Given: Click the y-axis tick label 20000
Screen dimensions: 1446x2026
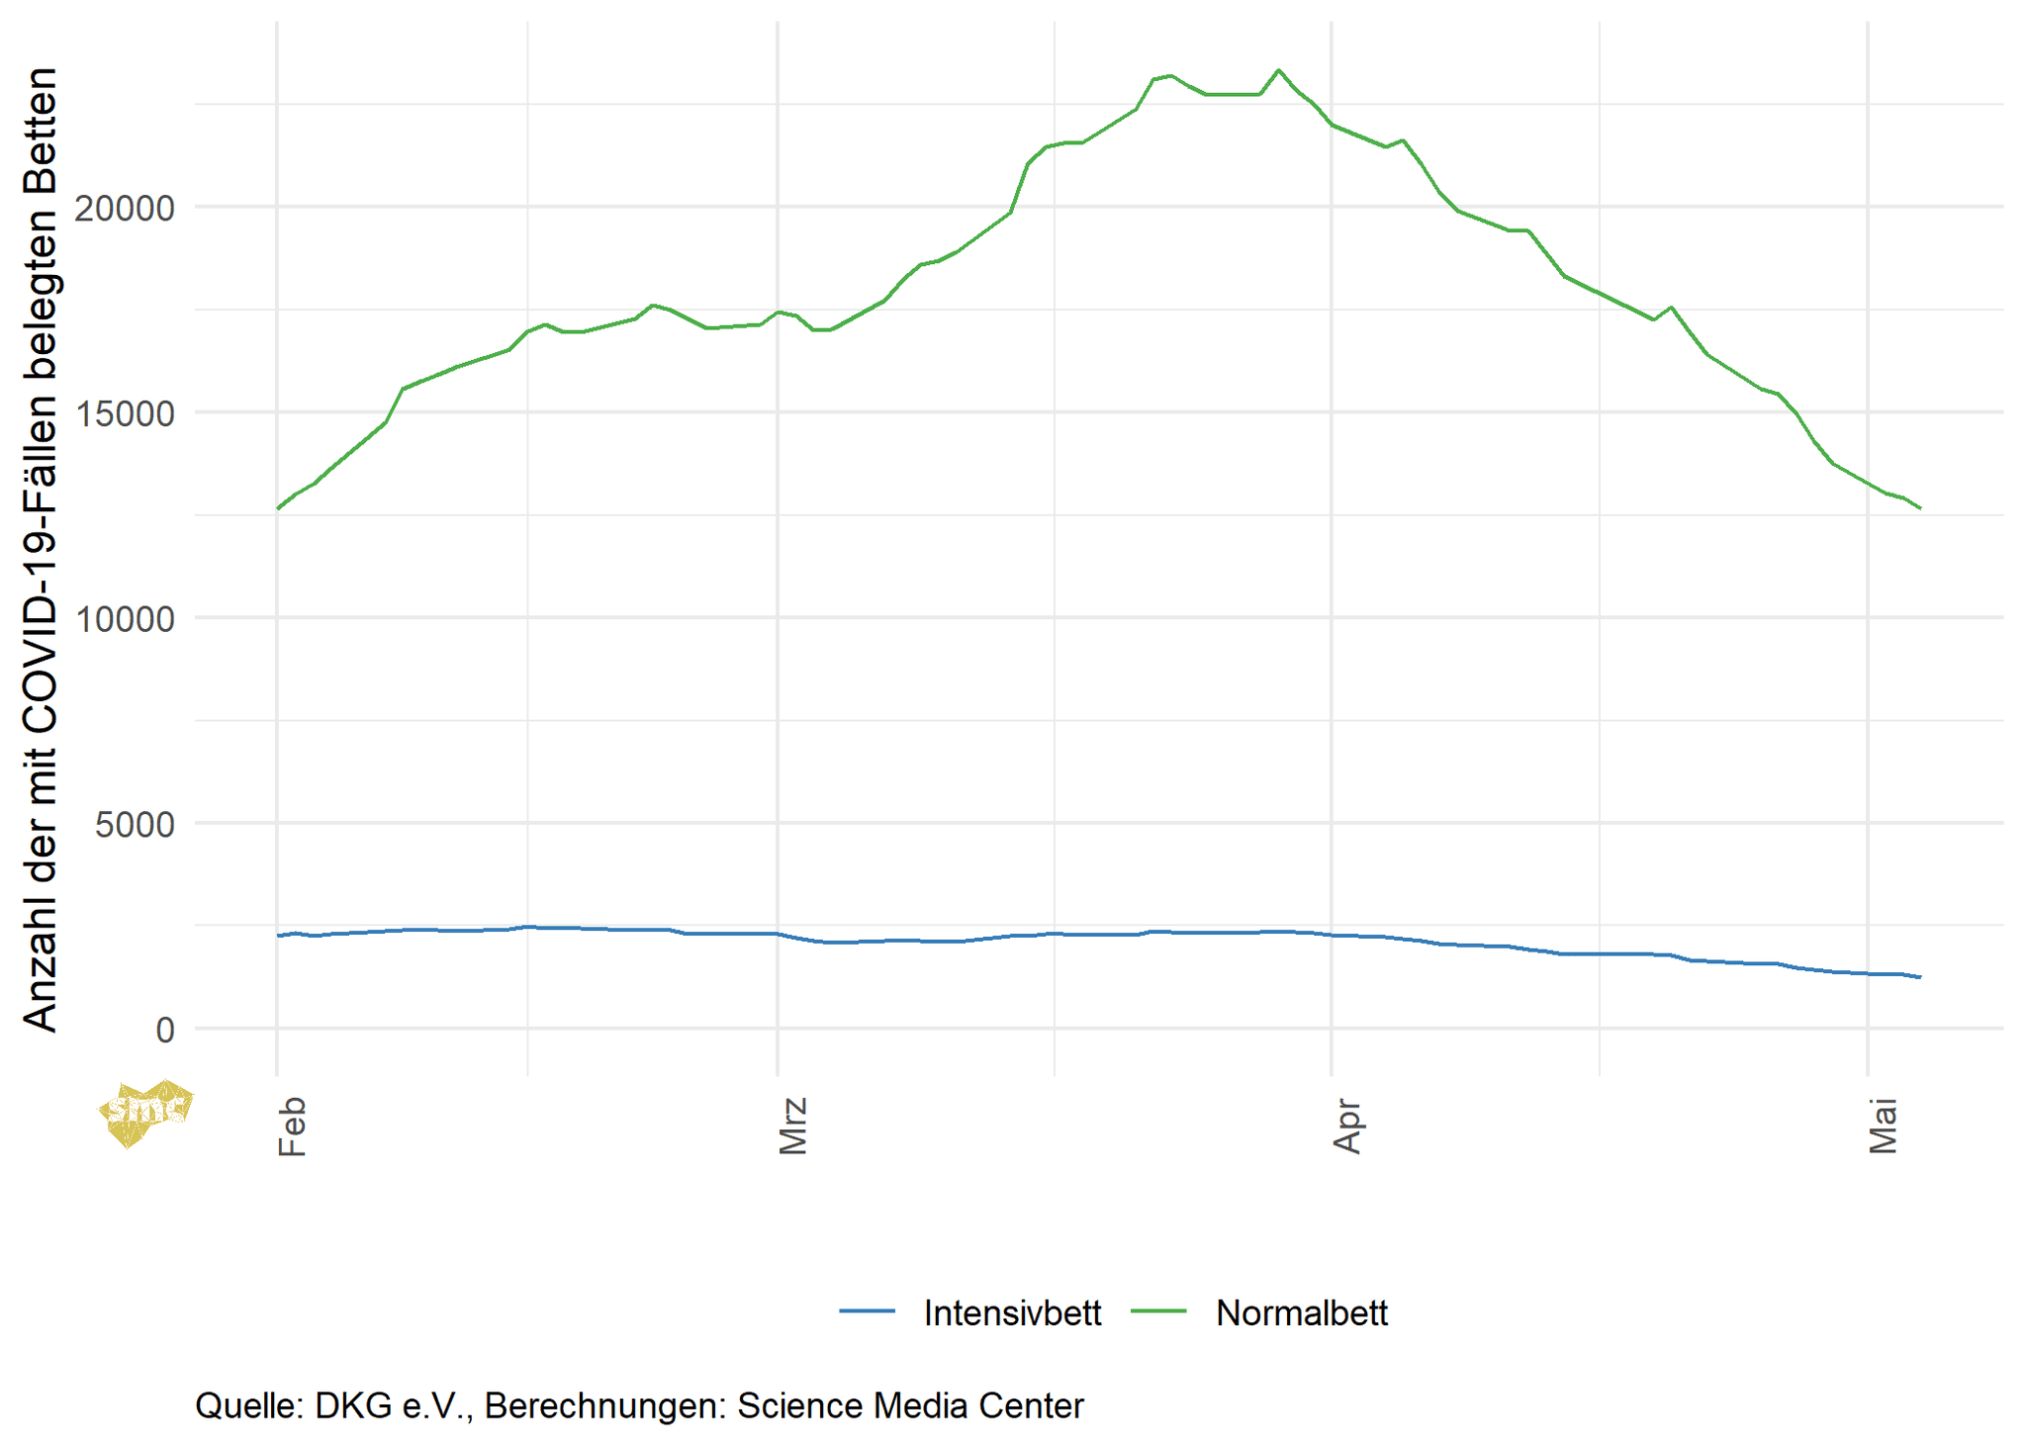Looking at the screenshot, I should coord(125,208).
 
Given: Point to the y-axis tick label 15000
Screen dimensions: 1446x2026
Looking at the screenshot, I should coord(125,413).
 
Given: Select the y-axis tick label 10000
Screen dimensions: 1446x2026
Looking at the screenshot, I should coord(125,619).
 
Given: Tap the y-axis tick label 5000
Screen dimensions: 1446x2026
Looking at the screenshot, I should coord(135,824).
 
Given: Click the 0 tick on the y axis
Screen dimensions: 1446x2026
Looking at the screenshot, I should coord(165,1030).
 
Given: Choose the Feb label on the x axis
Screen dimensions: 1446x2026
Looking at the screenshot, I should coord(293,1126).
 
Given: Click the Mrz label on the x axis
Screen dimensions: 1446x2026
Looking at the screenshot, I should coord(793,1126).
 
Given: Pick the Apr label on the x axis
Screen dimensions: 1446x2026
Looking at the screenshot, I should coord(1347,1126).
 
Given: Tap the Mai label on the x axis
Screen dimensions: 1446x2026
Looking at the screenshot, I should coord(1884,1126).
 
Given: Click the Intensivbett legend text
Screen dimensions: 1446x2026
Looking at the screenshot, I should coord(1012,1312).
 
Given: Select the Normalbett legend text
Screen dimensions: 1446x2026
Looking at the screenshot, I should coord(1301,1312).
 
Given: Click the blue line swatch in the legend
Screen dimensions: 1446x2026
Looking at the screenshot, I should coord(867,1311).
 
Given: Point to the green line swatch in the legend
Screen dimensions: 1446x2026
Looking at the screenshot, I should coord(1157,1311).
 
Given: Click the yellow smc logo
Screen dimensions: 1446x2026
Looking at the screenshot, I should coord(145,1112).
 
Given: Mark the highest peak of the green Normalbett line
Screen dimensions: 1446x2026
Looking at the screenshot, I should coord(1278,70).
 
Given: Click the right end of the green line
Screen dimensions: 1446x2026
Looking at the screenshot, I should coord(1920,508).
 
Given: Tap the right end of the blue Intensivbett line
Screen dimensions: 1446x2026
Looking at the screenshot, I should coord(1920,977).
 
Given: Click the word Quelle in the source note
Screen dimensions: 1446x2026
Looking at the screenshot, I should coord(249,1405).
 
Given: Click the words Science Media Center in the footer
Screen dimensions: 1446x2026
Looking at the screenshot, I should coord(910,1405).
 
